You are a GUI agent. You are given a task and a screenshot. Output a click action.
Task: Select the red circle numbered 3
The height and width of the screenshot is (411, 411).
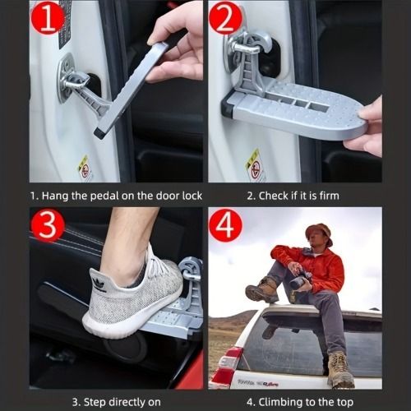tap(48, 225)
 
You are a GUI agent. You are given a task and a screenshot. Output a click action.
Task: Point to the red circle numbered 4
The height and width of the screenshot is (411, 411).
tap(226, 226)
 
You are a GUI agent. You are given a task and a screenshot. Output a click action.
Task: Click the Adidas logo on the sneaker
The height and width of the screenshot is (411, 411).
tap(100, 285)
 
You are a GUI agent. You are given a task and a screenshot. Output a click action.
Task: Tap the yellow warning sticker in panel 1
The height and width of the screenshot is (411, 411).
tap(84, 167)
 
